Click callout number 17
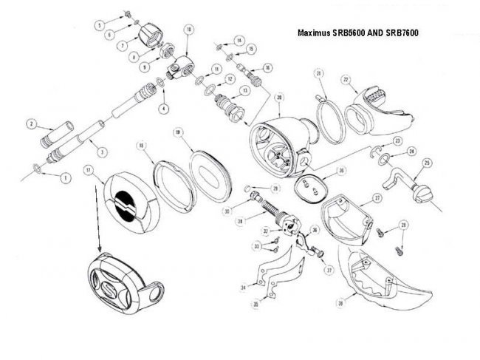pos(88,170)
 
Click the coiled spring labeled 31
pos(274,206)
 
